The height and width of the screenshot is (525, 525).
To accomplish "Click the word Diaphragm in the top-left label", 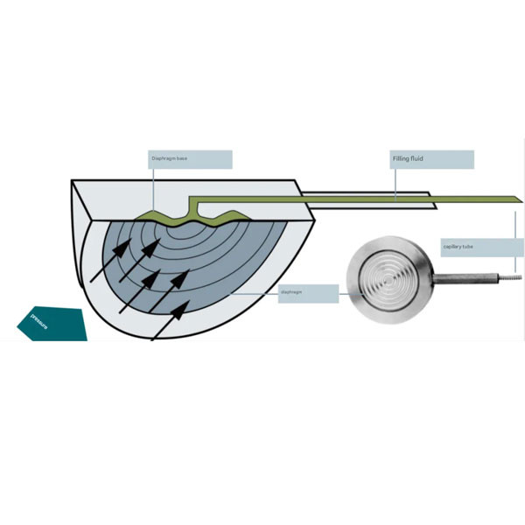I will coord(166,159).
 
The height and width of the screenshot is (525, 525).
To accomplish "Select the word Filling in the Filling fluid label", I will coord(402,159).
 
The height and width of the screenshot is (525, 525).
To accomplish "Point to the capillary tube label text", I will coord(458,247).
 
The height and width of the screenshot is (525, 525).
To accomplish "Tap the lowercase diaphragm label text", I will coord(291,292).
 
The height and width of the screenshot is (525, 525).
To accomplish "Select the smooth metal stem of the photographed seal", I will coord(464,279).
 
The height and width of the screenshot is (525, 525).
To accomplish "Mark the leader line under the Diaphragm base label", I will coord(153,188).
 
